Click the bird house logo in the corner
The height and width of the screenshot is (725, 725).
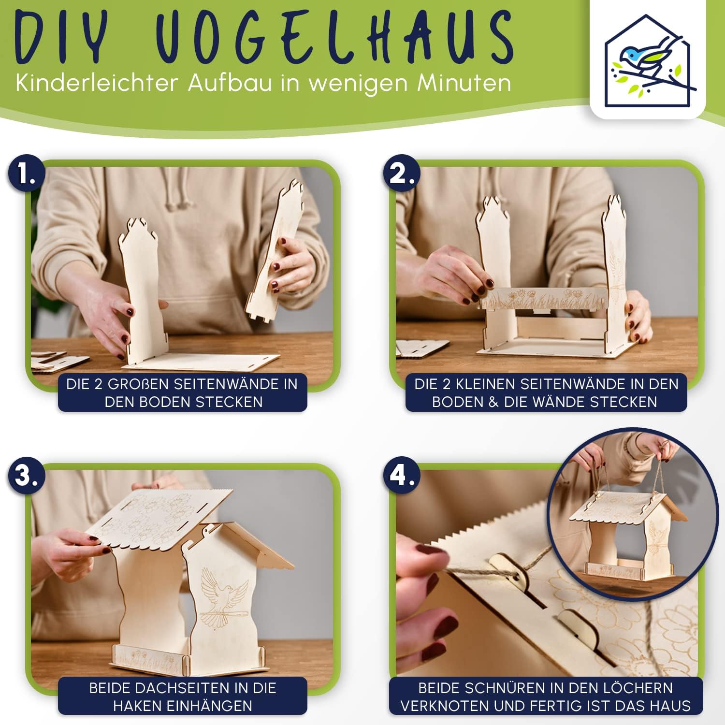point(648,60)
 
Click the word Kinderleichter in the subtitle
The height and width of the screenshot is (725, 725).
point(97,83)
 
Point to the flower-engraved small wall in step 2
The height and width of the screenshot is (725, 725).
point(544,298)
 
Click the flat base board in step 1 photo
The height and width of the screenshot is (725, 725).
point(203,362)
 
